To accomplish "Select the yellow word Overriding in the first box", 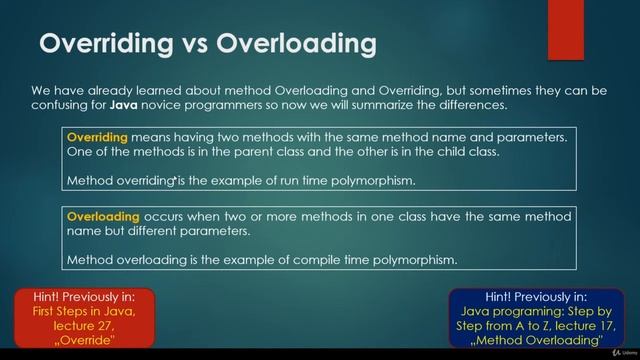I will click(98, 136).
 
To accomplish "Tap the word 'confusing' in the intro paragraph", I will click(62, 104).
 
